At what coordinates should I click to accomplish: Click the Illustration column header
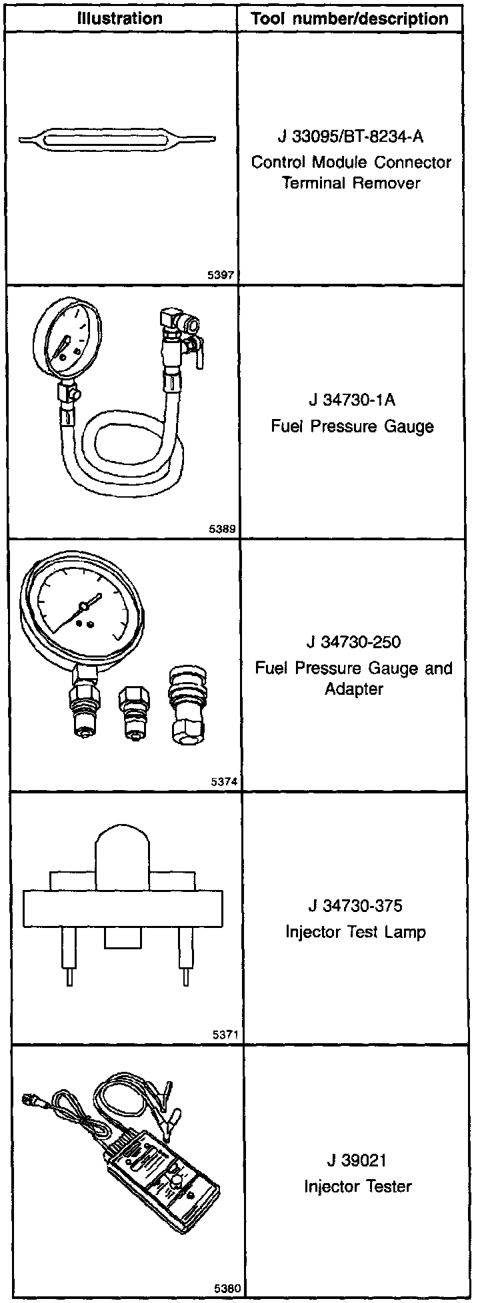(x=120, y=18)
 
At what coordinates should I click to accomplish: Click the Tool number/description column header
(x=350, y=18)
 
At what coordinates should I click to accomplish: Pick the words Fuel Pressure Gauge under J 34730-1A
(x=351, y=426)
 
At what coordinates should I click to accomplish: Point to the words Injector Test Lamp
(x=355, y=931)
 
